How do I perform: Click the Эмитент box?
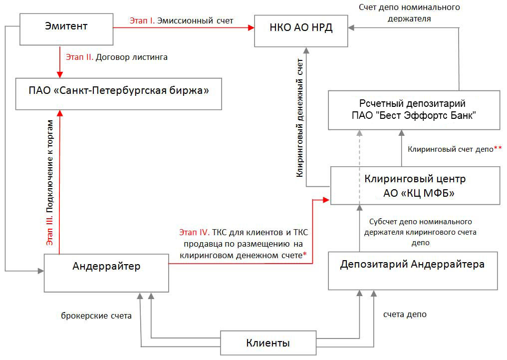(66, 29)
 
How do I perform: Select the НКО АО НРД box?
(301, 31)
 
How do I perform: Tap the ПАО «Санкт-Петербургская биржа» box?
(119, 94)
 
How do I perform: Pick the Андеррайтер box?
(106, 273)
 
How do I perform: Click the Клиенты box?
(268, 343)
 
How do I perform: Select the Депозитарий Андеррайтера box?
(413, 271)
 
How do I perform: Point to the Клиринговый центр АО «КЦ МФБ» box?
(415, 186)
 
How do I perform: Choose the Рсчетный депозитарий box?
(414, 110)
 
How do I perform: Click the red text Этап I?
(142, 20)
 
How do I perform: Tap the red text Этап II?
(79, 57)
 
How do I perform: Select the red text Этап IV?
(195, 232)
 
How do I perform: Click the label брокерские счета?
(96, 316)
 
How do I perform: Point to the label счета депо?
(405, 315)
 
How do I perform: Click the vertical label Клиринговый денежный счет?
(300, 118)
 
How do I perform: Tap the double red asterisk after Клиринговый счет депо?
(498, 148)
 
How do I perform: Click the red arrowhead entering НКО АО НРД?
(251, 28)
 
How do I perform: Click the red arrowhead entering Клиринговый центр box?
(326, 200)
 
